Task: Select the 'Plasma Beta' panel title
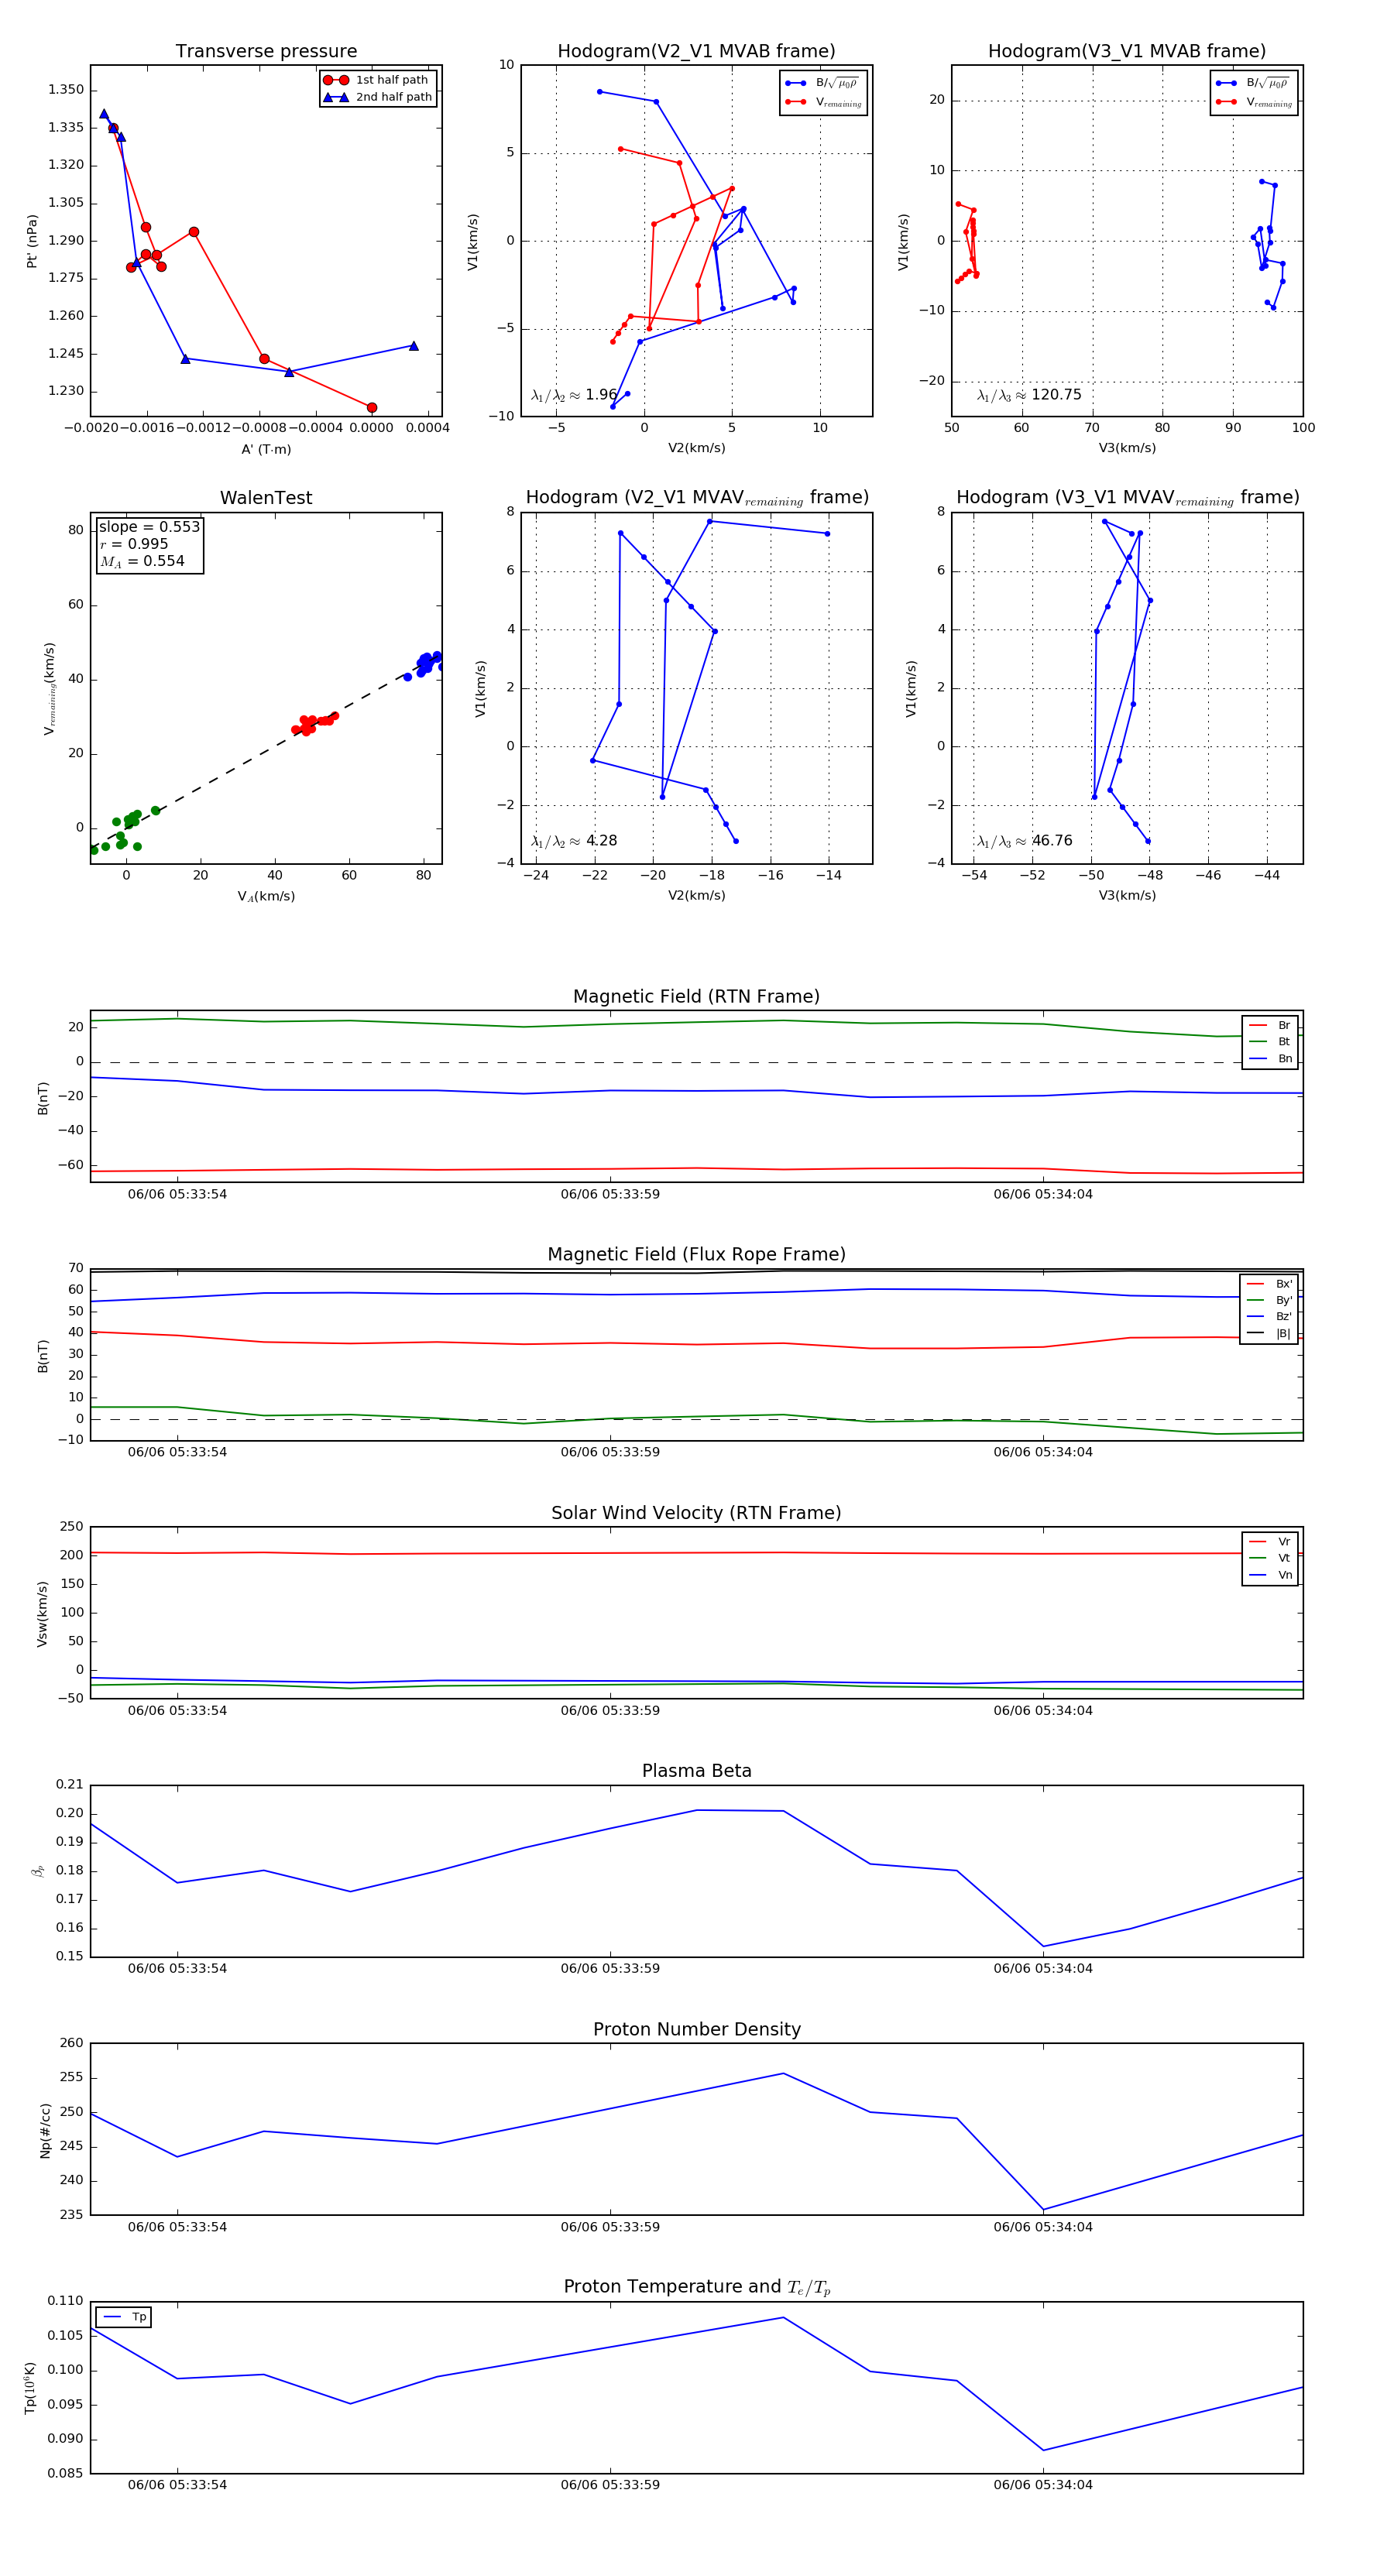(x=696, y=1771)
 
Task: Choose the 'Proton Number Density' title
(x=696, y=2029)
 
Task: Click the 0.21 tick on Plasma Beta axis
(x=70, y=1785)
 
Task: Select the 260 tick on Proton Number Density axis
(x=71, y=2043)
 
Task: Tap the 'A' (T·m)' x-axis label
(x=266, y=449)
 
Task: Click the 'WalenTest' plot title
(x=266, y=498)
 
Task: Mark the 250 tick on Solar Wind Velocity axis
(x=71, y=1527)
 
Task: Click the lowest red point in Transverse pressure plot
(x=372, y=408)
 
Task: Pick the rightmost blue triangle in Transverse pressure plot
(x=414, y=346)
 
